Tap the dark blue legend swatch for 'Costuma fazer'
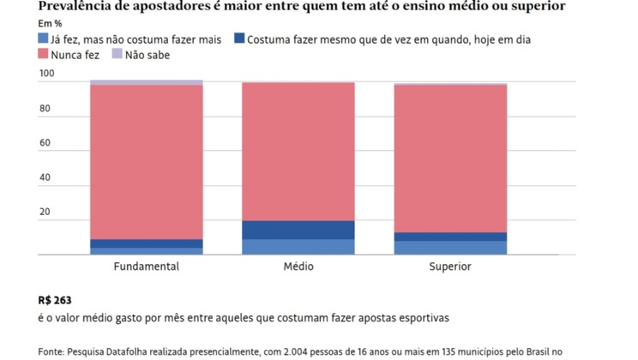tap(239, 39)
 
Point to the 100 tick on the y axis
tap(46, 75)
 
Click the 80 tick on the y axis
tap(46, 109)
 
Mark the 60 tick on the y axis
tap(46, 143)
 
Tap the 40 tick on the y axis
tap(46, 177)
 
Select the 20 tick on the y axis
tap(46, 212)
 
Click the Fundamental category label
tap(146, 267)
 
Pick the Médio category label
tap(298, 267)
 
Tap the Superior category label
tap(450, 267)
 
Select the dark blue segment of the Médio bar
tap(298, 230)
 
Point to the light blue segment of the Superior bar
tap(450, 248)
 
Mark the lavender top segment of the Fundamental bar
tap(146, 82)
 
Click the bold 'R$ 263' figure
tap(56, 301)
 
